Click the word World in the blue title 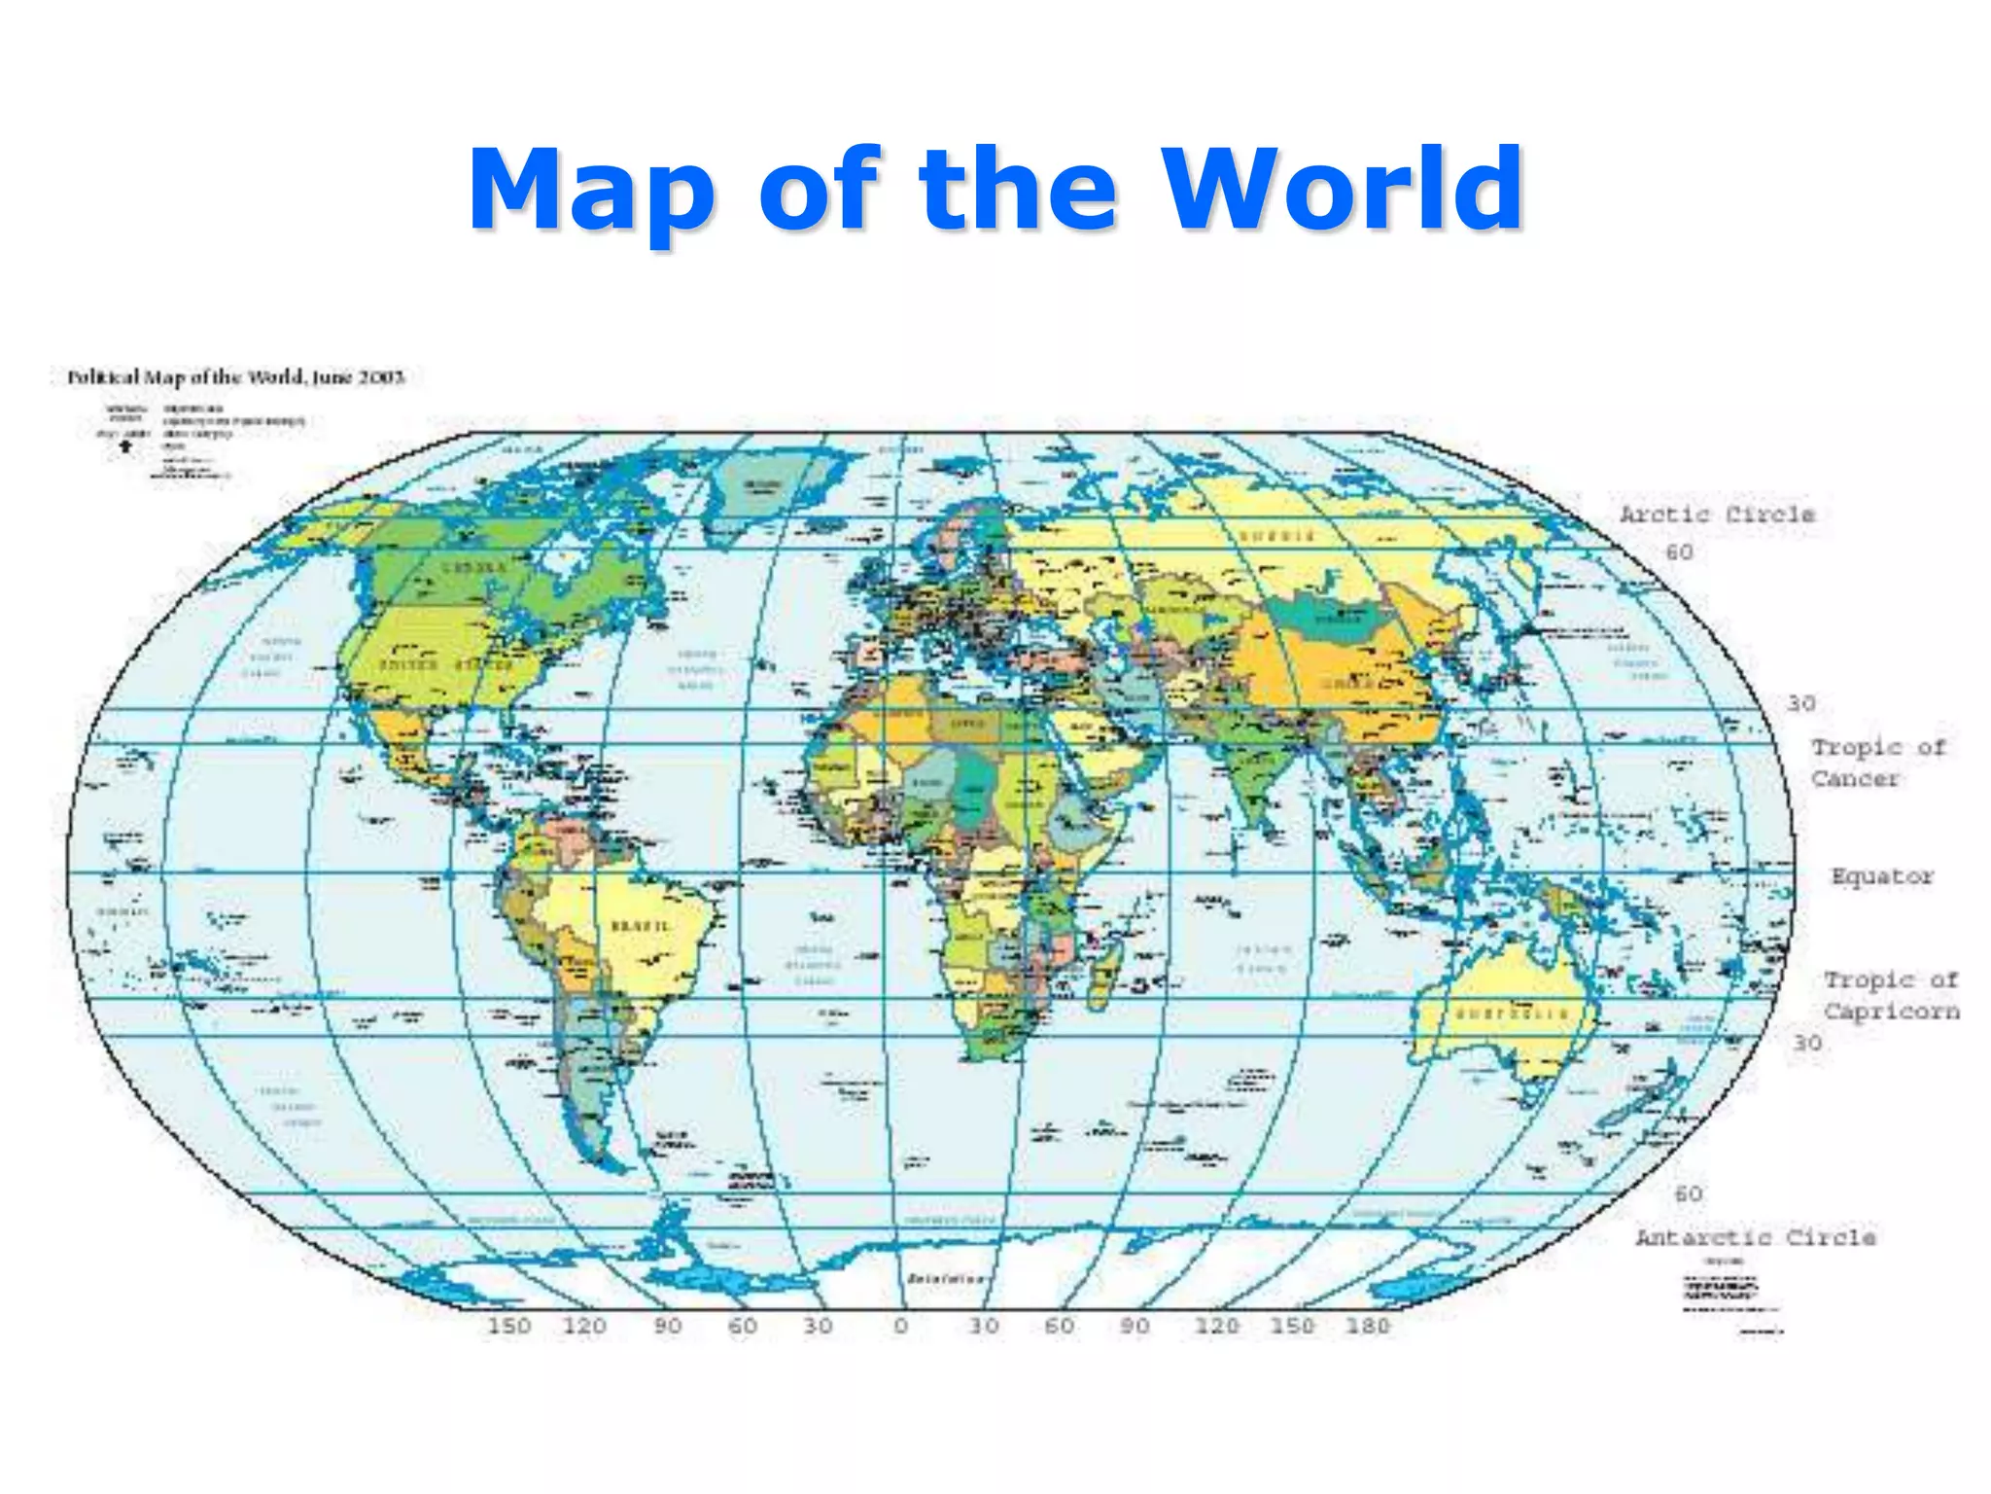point(1343,189)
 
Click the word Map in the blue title point(593,192)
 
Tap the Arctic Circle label point(1717,514)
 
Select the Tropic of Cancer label point(1877,763)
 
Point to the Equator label point(1882,876)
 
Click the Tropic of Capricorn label point(1891,995)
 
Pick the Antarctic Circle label point(1755,1237)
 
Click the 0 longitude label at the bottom point(901,1326)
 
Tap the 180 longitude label point(1367,1326)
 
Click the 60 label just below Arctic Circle point(1679,552)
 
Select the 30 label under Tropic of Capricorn point(1807,1043)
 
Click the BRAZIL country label point(640,925)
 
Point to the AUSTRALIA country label point(1511,1014)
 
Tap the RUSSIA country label point(1276,536)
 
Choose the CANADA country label point(473,568)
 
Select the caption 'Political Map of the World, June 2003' point(235,377)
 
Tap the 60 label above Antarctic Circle point(1689,1193)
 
